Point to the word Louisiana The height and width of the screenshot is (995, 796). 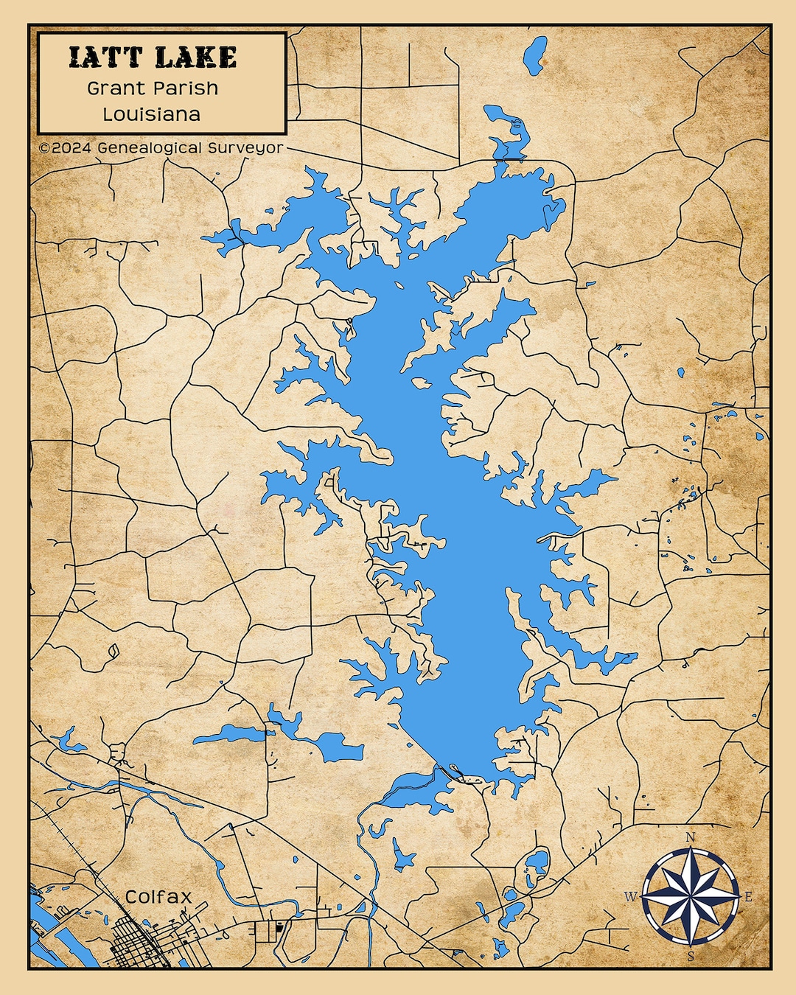click(152, 114)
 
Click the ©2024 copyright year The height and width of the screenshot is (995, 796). click(66, 147)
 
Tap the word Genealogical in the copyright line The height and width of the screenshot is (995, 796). click(149, 147)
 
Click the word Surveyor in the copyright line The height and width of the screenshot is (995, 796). click(245, 147)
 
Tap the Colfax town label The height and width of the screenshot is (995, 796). click(158, 897)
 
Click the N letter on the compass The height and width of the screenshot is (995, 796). click(691, 837)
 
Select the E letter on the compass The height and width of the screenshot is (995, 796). click(749, 897)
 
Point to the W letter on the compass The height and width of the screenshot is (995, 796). click(631, 897)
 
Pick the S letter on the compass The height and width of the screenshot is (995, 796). click(691, 957)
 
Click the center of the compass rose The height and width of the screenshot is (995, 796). click(691, 897)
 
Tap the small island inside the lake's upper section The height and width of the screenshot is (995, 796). click(421, 383)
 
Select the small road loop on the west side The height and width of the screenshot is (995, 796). click(113, 652)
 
